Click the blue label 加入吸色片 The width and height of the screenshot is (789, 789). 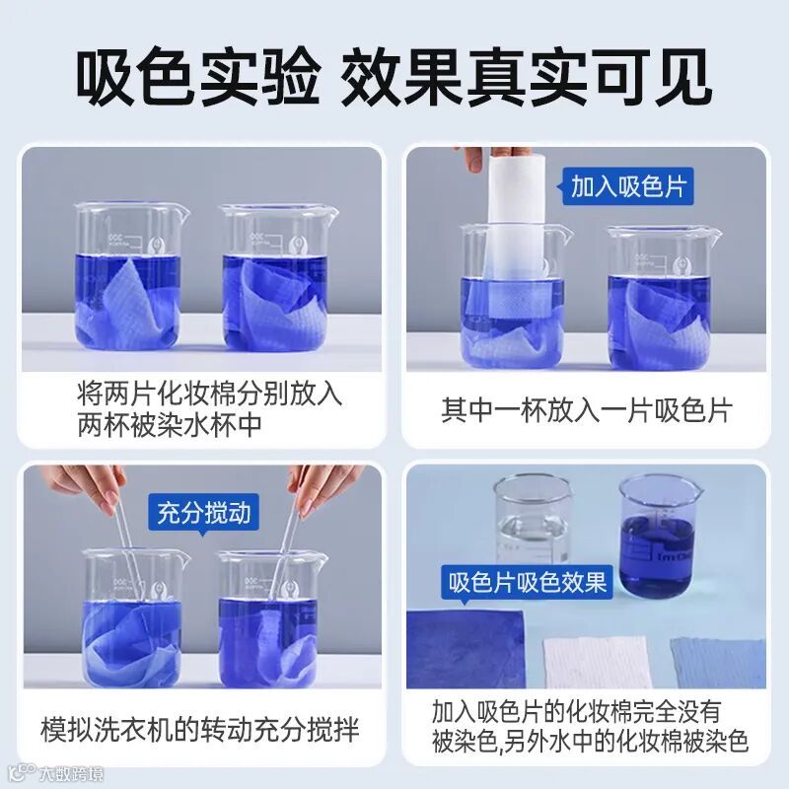(627, 186)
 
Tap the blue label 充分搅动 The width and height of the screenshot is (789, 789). (204, 513)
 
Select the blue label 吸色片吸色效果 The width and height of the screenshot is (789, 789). (528, 583)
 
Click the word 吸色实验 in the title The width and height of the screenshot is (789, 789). (198, 76)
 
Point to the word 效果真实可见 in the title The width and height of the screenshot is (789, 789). (527, 76)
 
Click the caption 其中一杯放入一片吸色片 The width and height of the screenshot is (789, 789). (587, 410)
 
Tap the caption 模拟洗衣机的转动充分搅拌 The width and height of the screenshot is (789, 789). (200, 729)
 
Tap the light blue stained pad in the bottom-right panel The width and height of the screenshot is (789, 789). (719, 662)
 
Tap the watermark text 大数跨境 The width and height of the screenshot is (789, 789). (71, 773)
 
